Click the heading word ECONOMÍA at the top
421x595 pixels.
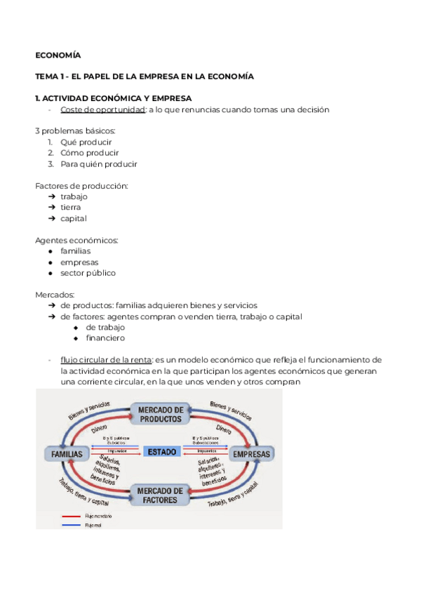click(58, 55)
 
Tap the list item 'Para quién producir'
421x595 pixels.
click(99, 164)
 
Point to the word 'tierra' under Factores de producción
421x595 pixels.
click(70, 208)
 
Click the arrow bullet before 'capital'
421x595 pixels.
click(52, 218)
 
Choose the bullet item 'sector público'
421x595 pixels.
click(88, 273)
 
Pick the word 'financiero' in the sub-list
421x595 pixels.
click(105, 338)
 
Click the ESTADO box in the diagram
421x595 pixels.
click(161, 452)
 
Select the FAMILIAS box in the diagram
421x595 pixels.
click(67, 455)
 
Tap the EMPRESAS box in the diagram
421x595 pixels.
click(251, 455)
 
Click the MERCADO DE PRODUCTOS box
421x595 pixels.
click(160, 414)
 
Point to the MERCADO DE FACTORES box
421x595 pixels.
click(160, 495)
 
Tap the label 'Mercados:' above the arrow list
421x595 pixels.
click(55, 295)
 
